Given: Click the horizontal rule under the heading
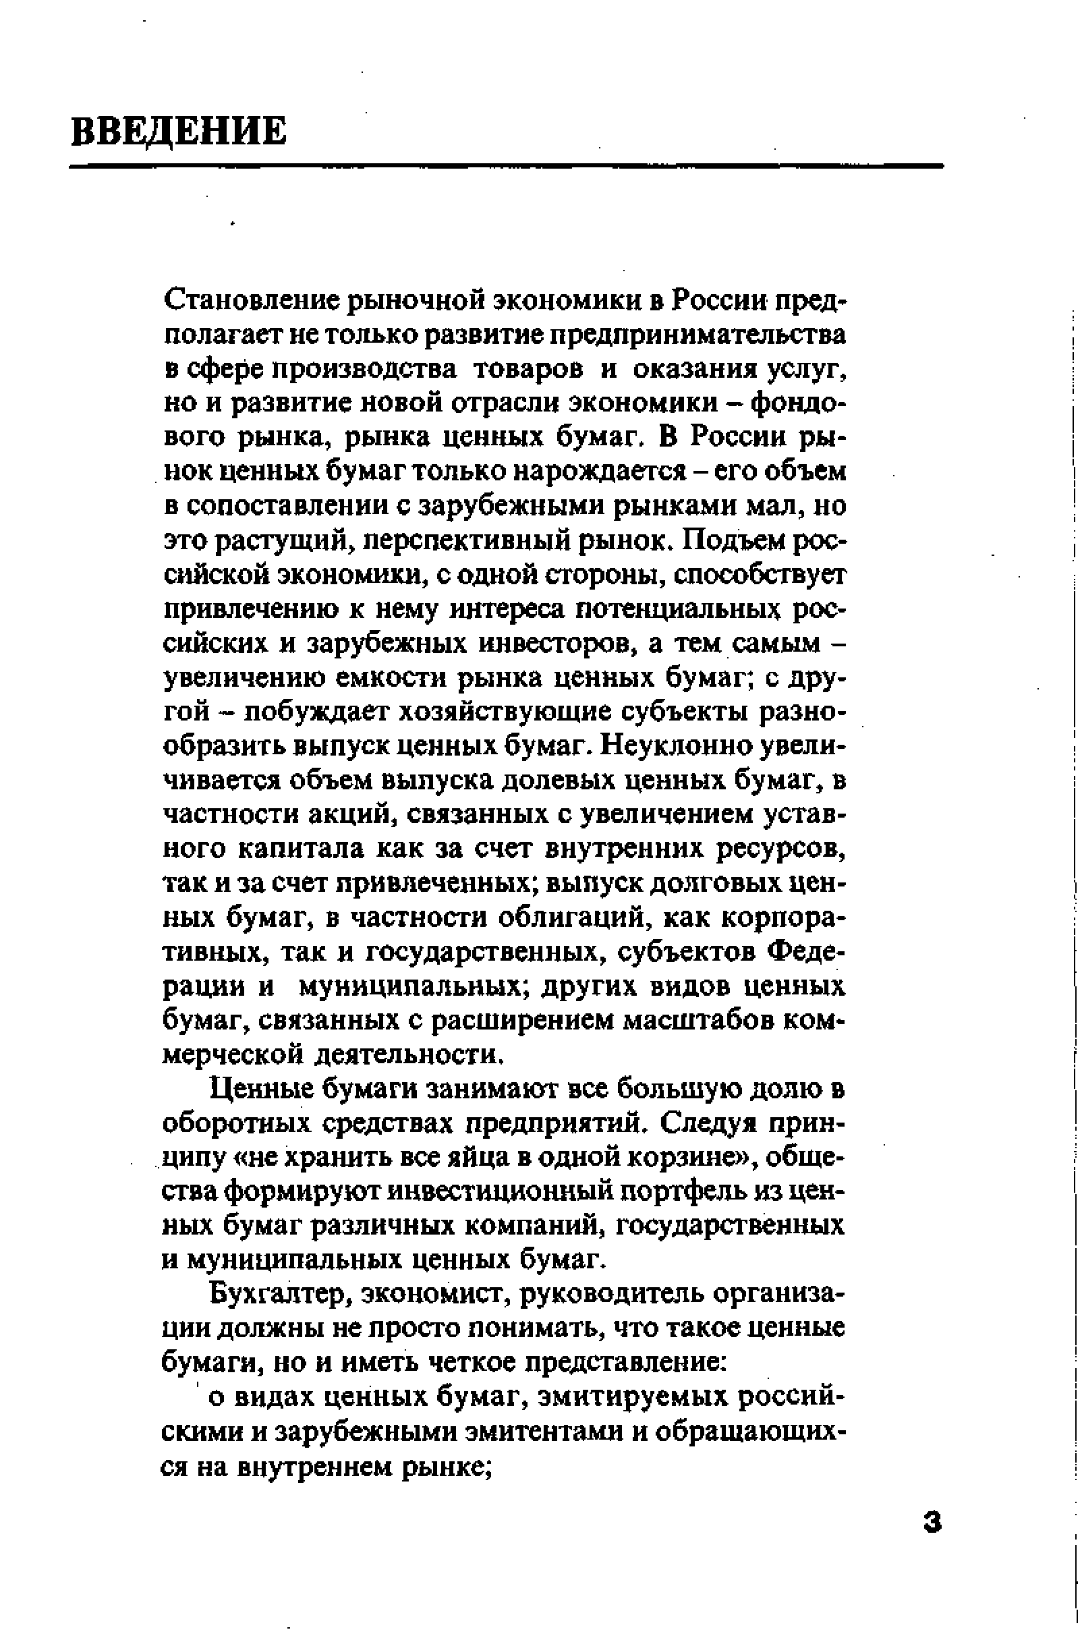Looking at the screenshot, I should [x=506, y=166].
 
